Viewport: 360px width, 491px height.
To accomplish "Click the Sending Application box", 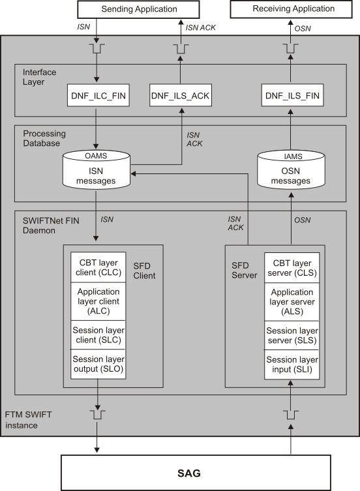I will [x=139, y=9].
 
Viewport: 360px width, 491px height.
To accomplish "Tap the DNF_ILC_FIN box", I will [x=97, y=97].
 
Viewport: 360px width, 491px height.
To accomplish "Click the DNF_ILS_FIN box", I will [x=292, y=97].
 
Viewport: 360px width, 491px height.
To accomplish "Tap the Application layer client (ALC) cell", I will [x=97, y=302].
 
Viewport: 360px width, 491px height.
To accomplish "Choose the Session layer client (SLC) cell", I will [x=97, y=336].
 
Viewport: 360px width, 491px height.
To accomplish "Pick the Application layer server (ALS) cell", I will [x=292, y=302].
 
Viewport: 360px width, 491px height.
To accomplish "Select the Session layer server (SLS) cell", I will [x=292, y=336].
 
